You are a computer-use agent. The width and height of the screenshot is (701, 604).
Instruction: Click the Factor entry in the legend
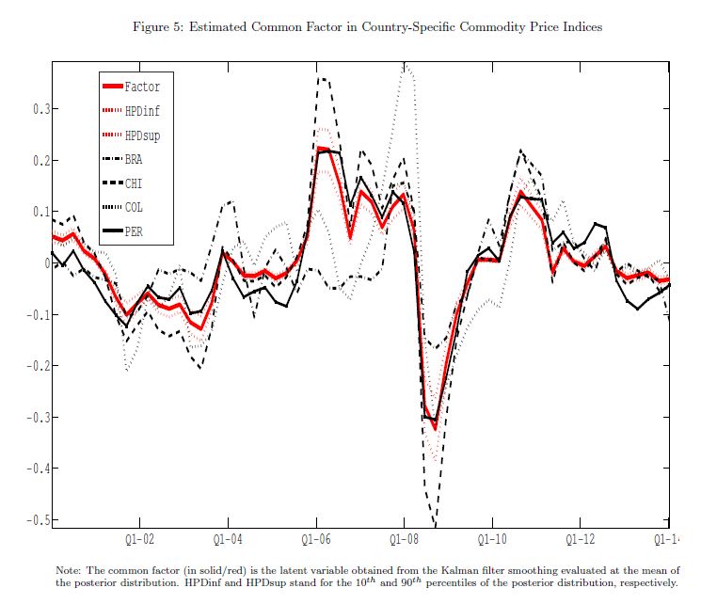141,87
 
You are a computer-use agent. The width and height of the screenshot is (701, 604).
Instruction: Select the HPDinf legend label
141,111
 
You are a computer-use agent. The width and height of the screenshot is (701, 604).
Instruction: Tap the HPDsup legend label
141,135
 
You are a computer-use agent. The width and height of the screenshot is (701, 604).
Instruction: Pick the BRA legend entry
134,159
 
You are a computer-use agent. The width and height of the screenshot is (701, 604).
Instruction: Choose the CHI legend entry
134,183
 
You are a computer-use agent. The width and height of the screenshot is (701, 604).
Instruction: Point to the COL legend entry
134,207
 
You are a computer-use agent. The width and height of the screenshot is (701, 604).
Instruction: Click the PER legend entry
134,230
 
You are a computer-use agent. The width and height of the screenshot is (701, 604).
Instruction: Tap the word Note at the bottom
70,571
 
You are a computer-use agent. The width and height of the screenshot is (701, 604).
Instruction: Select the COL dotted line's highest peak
406,66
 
